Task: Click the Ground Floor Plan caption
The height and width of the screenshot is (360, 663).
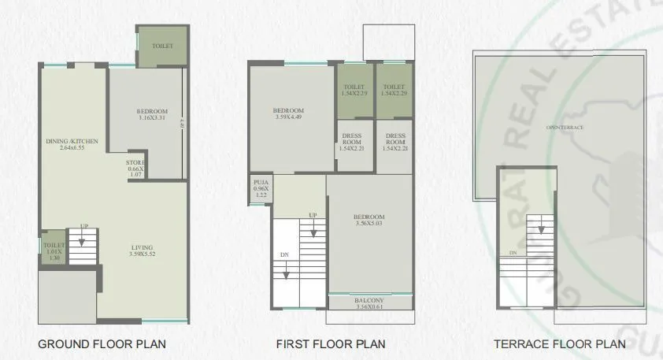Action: coord(102,344)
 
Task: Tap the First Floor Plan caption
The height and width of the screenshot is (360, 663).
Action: coord(330,344)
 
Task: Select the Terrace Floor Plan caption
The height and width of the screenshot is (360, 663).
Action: coord(559,344)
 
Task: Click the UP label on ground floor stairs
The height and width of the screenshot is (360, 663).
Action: coord(83,227)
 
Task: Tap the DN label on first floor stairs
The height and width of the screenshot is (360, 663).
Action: coord(284,254)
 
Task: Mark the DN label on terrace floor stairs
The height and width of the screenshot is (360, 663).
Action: coord(513,253)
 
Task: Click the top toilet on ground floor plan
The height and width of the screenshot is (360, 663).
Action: coord(162,46)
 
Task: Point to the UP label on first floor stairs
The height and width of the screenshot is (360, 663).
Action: coord(313,215)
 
